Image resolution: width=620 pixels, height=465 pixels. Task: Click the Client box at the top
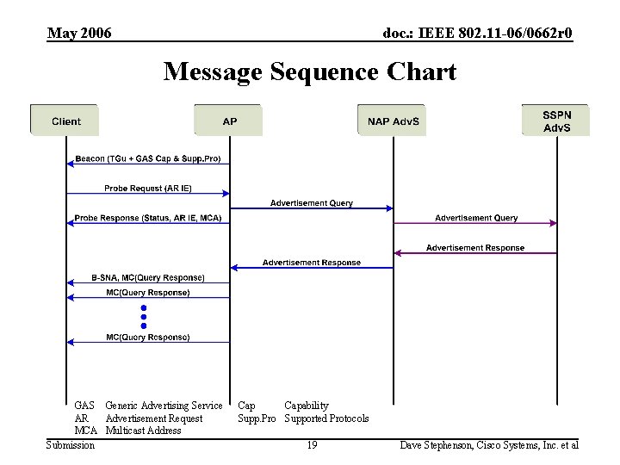click(65, 121)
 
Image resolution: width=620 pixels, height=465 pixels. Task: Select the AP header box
click(229, 121)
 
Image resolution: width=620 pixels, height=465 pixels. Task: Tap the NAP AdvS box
click(393, 121)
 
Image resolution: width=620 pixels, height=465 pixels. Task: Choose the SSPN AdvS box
click(556, 121)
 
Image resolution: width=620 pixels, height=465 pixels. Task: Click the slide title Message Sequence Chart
click(310, 71)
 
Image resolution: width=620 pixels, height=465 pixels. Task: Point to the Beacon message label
click(147, 159)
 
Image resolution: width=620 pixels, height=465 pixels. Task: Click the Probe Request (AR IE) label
click(147, 188)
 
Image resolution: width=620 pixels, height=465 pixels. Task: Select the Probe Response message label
click(147, 218)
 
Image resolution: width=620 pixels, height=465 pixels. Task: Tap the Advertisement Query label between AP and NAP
click(311, 203)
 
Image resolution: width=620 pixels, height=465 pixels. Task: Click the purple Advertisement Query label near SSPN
click(475, 218)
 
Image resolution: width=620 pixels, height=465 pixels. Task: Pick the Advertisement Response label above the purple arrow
click(475, 248)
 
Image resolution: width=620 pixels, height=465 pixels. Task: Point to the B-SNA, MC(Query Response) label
click(147, 277)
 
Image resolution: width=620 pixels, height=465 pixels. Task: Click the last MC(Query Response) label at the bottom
click(147, 337)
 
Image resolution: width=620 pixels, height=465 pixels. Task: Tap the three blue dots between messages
click(144, 316)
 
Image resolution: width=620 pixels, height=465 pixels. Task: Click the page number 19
click(312, 445)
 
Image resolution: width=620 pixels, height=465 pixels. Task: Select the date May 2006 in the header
click(79, 34)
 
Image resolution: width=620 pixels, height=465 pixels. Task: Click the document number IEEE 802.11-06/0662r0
click(477, 34)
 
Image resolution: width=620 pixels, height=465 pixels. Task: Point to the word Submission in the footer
click(71, 445)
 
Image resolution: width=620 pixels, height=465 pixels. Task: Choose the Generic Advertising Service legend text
click(164, 406)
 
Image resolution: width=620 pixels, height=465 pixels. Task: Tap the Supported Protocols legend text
click(326, 418)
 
